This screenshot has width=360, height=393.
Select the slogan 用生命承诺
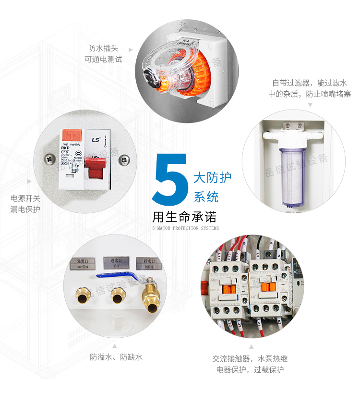point(184,216)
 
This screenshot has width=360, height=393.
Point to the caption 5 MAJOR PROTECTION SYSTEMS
point(185,228)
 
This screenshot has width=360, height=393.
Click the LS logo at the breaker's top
point(95,139)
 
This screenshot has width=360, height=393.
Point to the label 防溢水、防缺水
point(116,357)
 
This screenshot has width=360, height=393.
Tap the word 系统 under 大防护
point(206,197)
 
